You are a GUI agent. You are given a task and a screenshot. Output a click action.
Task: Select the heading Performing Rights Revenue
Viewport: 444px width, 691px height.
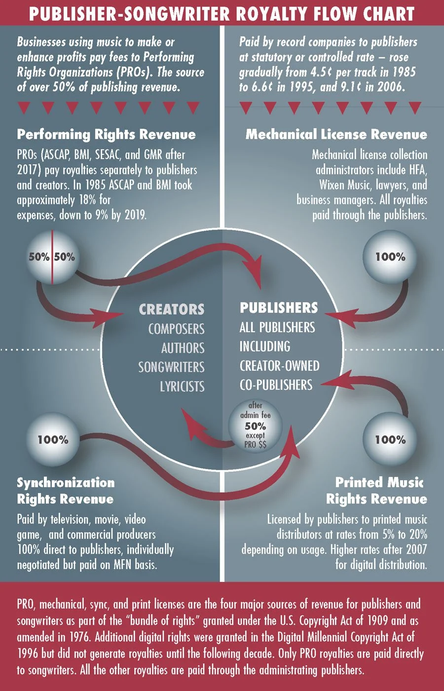click(106, 134)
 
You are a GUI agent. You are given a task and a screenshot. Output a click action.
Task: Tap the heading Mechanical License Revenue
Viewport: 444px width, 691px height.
click(336, 134)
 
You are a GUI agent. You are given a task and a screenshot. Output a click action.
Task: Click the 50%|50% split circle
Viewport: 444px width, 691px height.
click(52, 257)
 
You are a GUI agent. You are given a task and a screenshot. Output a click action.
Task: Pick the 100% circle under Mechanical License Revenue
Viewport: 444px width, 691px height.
click(390, 257)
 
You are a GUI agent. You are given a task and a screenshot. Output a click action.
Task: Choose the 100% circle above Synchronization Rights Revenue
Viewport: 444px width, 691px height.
click(53, 439)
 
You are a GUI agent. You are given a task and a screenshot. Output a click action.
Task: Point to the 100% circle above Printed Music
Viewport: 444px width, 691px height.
click(390, 439)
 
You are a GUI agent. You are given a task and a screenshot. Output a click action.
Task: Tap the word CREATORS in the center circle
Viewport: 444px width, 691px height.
click(172, 309)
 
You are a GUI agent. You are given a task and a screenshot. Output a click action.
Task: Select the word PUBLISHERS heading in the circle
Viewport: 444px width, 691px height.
click(279, 308)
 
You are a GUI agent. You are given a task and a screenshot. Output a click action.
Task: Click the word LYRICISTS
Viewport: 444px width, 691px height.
click(182, 386)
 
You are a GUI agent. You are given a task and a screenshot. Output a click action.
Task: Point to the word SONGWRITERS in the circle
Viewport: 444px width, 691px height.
click(171, 367)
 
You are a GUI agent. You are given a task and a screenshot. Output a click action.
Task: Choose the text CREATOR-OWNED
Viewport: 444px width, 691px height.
click(279, 366)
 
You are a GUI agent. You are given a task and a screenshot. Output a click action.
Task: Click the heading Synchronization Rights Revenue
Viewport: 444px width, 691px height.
click(66, 491)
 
